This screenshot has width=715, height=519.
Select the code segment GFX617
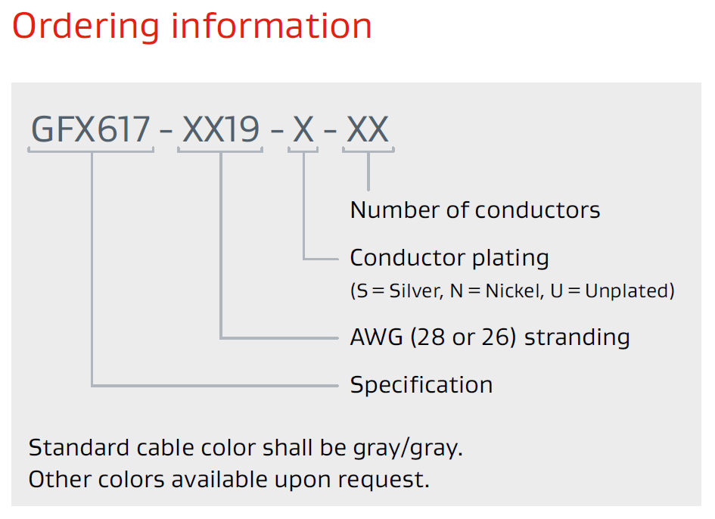point(91,130)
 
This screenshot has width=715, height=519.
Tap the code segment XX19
point(220,130)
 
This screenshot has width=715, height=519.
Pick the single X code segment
point(303,130)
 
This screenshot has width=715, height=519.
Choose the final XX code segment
point(368,130)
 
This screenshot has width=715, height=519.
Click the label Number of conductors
point(475,210)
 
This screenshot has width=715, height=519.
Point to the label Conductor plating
point(449,258)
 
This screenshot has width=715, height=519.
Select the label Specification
point(421,385)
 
